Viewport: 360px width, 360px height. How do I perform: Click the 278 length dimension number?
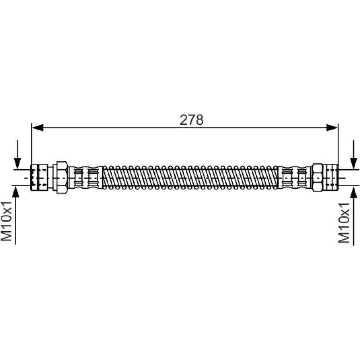pyautogui.click(x=192, y=120)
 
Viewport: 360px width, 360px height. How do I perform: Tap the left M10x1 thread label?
pyautogui.click(x=6, y=221)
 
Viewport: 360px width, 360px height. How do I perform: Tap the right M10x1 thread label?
pyautogui.click(x=344, y=223)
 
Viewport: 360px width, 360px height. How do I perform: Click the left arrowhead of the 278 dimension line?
pyautogui.click(x=37, y=128)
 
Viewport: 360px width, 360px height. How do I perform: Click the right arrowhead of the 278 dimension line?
pyautogui.click(x=332, y=128)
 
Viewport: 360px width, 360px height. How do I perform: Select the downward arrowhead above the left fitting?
pyautogui.click(x=17, y=164)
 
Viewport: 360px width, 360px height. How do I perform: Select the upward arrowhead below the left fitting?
pyautogui.click(x=15, y=191)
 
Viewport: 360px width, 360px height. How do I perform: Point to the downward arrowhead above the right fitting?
pyautogui.click(x=354, y=164)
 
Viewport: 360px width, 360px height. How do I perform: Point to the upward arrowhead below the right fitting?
pyautogui.click(x=354, y=191)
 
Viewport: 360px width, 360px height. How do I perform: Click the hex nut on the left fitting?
pyautogui.click(x=62, y=177)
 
